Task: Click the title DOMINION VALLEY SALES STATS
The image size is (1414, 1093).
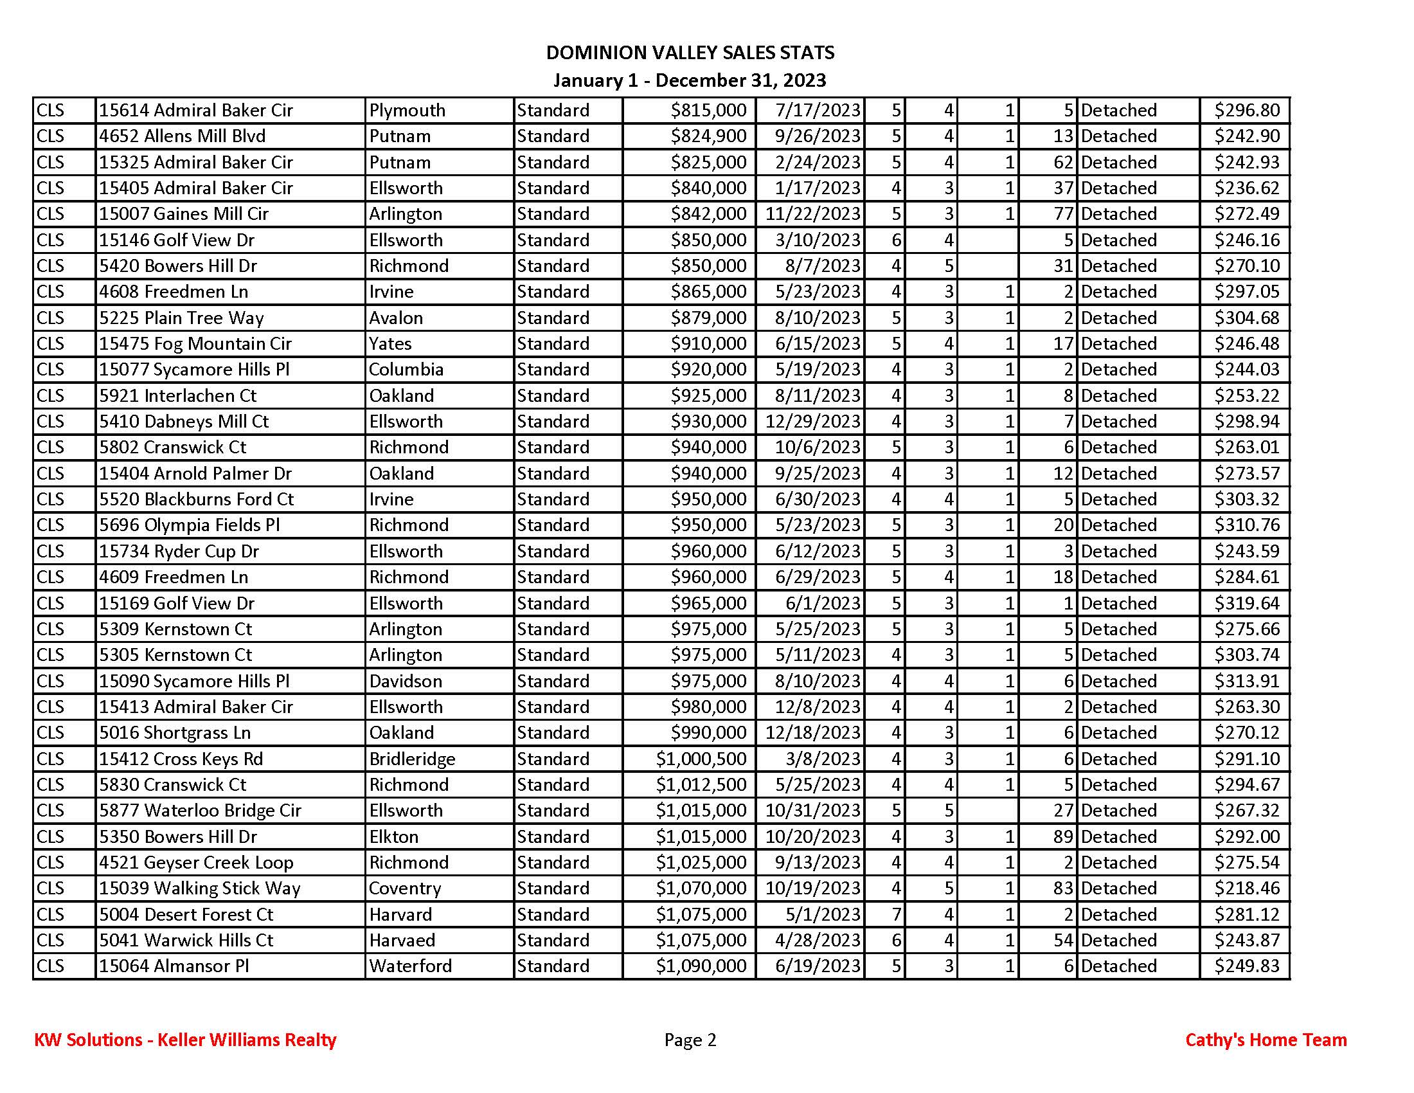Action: (690, 53)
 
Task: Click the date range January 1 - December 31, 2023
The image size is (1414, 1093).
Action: (690, 80)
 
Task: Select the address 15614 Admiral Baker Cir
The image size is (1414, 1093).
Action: (195, 110)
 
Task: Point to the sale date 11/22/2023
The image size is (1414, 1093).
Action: (812, 213)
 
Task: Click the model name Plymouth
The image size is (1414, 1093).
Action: (407, 110)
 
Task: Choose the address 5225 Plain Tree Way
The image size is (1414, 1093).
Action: (181, 318)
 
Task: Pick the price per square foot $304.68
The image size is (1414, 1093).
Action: (1246, 318)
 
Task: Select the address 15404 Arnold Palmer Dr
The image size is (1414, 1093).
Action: (195, 473)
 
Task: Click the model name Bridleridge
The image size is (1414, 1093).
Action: (412, 759)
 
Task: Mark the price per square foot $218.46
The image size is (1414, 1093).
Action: (1246, 889)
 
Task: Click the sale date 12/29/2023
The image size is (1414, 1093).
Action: (812, 422)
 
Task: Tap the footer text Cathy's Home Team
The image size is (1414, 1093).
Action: (1266, 1040)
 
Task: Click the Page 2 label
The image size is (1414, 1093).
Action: (690, 1040)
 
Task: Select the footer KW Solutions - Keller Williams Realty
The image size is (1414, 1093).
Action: (185, 1040)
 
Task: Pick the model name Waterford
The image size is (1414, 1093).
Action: (411, 966)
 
